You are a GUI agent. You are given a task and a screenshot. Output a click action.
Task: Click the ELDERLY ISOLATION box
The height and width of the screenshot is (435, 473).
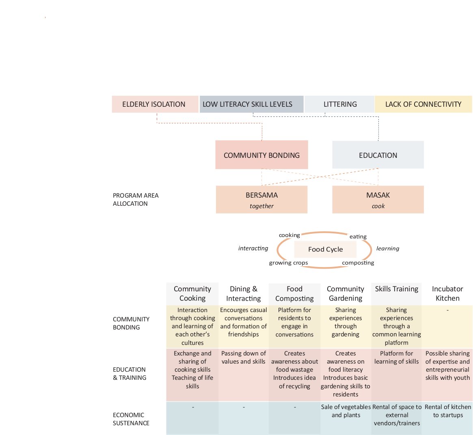click(155, 104)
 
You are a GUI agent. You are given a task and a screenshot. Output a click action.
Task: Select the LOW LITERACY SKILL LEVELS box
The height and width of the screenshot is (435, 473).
click(252, 104)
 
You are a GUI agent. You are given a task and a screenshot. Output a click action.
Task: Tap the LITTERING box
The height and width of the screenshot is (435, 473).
click(339, 104)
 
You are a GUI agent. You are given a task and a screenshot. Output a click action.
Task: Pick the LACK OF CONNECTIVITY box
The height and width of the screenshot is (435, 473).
click(423, 104)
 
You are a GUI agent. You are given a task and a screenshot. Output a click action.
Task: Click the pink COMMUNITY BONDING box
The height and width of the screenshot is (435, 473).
click(261, 155)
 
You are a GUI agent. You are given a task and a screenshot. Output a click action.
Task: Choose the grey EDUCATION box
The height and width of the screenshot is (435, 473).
click(378, 155)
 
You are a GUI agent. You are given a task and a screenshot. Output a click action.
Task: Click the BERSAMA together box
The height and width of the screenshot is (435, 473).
click(261, 200)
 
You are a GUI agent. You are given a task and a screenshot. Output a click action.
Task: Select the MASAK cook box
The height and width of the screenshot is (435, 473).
click(378, 200)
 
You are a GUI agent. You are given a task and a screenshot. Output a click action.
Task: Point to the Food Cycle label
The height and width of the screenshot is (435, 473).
click(326, 249)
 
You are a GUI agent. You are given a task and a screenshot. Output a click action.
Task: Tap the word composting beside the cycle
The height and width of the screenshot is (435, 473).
click(358, 263)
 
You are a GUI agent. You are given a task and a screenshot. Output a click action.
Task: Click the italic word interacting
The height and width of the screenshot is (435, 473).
click(253, 248)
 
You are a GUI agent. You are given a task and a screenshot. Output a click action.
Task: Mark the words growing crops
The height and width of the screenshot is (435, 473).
click(288, 263)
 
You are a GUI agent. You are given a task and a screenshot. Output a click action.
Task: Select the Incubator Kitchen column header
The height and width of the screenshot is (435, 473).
click(447, 294)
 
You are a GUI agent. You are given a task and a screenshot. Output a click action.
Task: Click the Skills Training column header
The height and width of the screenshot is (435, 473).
click(396, 289)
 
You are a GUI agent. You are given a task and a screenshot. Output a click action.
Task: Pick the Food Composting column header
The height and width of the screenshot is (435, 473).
click(294, 294)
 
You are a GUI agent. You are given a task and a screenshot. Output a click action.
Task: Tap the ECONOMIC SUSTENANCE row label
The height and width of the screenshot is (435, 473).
click(131, 419)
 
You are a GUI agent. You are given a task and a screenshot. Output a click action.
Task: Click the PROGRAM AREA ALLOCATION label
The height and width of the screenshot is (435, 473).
click(136, 200)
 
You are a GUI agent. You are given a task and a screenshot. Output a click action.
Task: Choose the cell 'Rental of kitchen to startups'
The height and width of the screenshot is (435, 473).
click(448, 411)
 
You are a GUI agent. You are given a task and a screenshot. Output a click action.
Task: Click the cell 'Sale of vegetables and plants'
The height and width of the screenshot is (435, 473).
click(346, 411)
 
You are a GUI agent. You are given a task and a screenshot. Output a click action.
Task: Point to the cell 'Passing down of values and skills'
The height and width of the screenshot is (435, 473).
click(244, 357)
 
